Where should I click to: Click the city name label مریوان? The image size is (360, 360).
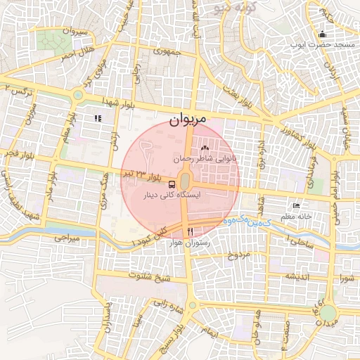coord(188,120)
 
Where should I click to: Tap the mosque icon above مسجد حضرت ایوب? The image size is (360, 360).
coord(323,34)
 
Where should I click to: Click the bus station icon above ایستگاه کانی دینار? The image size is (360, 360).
coord(173,184)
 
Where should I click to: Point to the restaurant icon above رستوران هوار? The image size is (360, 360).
coord(190,231)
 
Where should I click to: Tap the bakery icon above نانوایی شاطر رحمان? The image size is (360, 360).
coord(205,148)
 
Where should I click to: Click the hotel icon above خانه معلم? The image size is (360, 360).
coord(297,206)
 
